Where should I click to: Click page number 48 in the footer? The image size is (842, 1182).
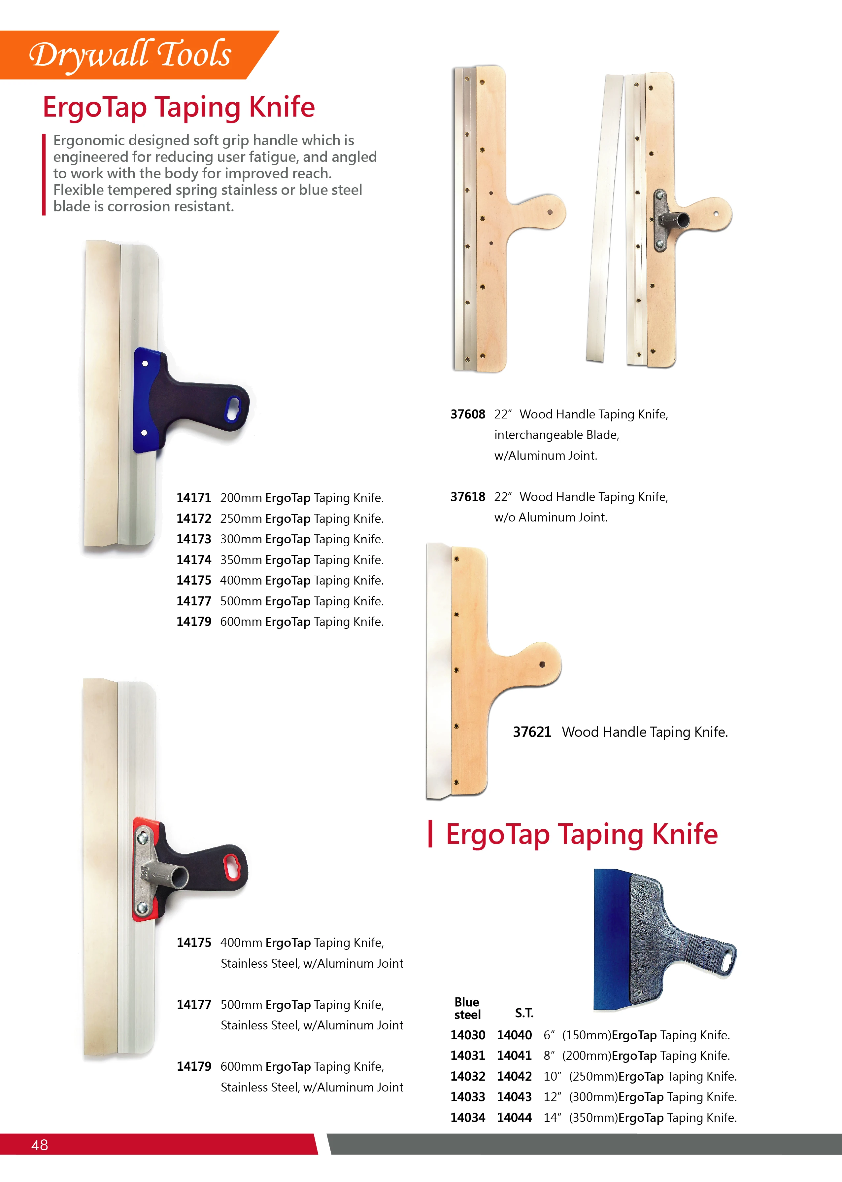(x=39, y=1145)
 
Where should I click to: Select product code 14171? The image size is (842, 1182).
(x=193, y=498)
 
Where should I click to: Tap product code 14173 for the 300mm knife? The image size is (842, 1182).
(x=193, y=539)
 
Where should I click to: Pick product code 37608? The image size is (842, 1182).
(x=467, y=414)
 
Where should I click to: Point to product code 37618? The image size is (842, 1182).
(x=467, y=497)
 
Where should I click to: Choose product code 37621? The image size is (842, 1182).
(x=531, y=732)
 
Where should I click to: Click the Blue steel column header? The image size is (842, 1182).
(x=467, y=1008)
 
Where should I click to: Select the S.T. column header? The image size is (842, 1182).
(x=524, y=1013)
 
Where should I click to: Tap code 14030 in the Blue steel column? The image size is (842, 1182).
(x=467, y=1035)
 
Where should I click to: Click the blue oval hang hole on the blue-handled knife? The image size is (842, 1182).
(x=233, y=409)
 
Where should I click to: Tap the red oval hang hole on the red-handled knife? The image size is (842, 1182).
(x=231, y=867)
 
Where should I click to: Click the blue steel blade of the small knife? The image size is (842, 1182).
(x=611, y=939)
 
